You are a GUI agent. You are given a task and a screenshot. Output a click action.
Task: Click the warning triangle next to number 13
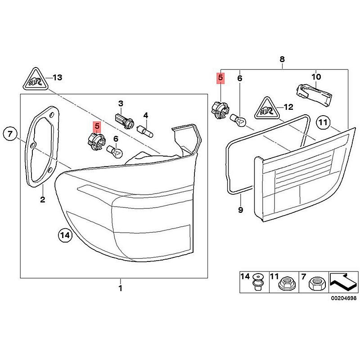(x=34, y=80)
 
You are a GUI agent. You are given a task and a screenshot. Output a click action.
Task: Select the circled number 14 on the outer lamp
(x=65, y=235)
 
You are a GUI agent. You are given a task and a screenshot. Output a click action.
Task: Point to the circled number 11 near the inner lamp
(x=323, y=122)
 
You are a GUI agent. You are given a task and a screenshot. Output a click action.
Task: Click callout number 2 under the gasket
(x=42, y=199)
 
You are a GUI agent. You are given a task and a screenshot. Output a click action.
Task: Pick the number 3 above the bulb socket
(x=121, y=104)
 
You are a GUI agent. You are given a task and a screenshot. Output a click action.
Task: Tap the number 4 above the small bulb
(x=145, y=115)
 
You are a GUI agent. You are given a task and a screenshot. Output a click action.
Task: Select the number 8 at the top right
(x=282, y=59)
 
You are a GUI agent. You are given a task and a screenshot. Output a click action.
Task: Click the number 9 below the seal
(x=240, y=210)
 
